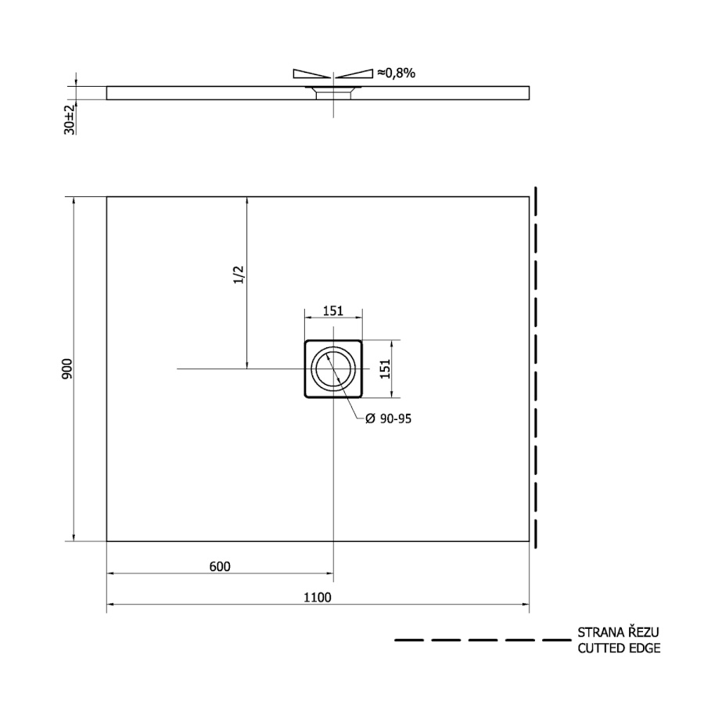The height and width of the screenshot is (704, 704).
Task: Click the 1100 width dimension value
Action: click(318, 598)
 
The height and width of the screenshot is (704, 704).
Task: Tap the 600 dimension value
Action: click(220, 566)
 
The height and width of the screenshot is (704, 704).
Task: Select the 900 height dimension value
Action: click(67, 368)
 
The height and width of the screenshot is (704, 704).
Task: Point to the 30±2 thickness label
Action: click(70, 120)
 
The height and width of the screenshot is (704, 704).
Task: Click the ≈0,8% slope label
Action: click(396, 73)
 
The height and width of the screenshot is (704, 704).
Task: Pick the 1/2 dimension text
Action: click(239, 275)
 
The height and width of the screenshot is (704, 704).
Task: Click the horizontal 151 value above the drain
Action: click(333, 311)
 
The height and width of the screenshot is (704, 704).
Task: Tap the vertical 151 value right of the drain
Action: click(386, 368)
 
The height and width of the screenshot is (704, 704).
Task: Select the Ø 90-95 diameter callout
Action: click(388, 419)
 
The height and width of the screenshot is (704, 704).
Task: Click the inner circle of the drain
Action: click(317, 369)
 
